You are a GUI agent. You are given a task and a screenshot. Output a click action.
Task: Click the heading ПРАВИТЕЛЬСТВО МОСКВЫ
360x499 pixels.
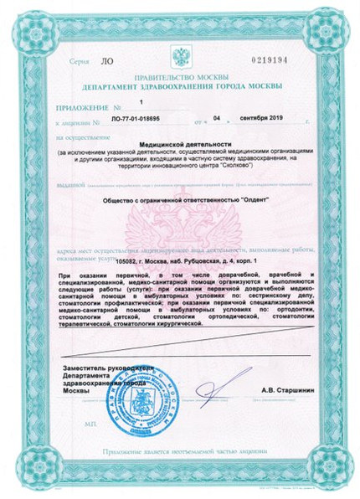pos(179,78)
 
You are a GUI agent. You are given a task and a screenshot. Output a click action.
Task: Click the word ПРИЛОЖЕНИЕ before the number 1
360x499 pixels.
pos(81,108)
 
